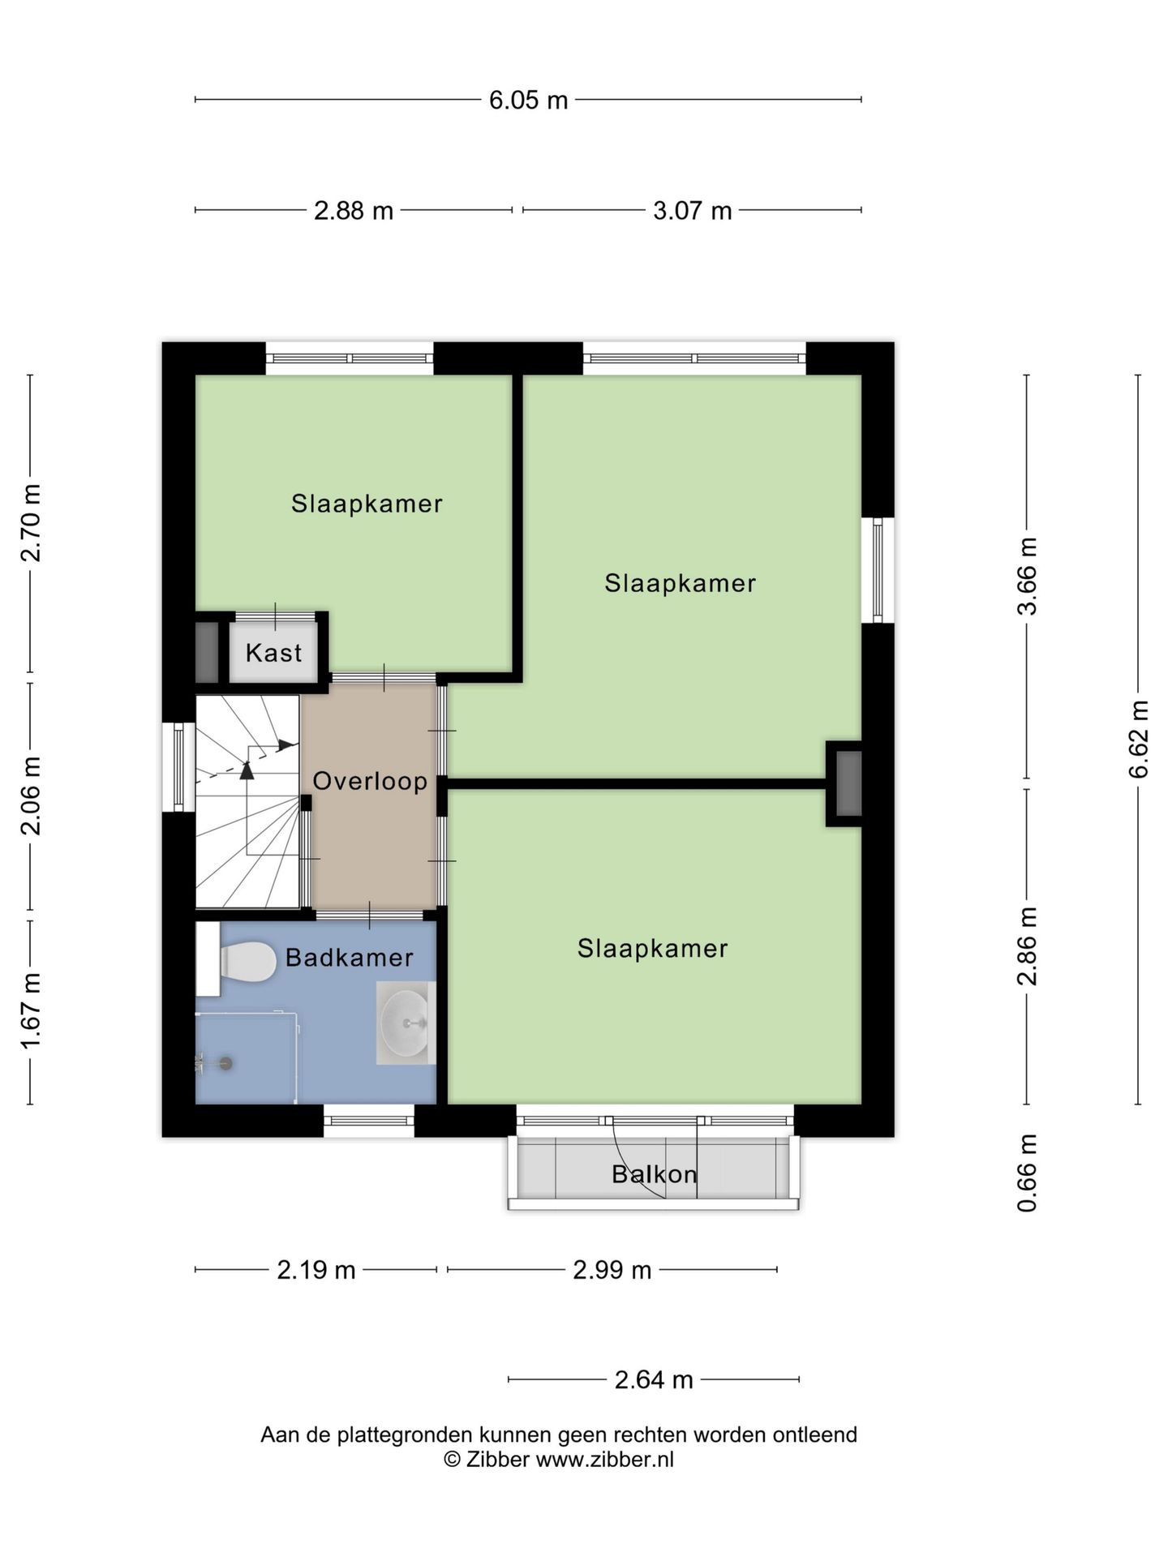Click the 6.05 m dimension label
click(x=528, y=101)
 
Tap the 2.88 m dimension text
click(x=354, y=211)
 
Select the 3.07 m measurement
click(x=692, y=211)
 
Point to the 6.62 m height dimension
click(x=1139, y=739)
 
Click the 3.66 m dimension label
click(x=1028, y=577)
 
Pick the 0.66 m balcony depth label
click(x=1028, y=1173)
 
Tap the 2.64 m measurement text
click(x=654, y=1379)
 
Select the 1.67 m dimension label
click(x=31, y=1010)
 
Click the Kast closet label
click(x=273, y=653)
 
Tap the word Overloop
click(x=370, y=781)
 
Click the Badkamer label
click(x=350, y=958)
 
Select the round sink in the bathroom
click(x=406, y=1023)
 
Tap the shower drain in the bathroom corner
click(x=225, y=1063)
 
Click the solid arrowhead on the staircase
click(x=284, y=744)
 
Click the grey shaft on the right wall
click(x=848, y=783)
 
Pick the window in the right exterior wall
click(x=878, y=570)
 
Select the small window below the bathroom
click(x=369, y=1121)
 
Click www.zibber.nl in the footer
click(x=604, y=1460)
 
